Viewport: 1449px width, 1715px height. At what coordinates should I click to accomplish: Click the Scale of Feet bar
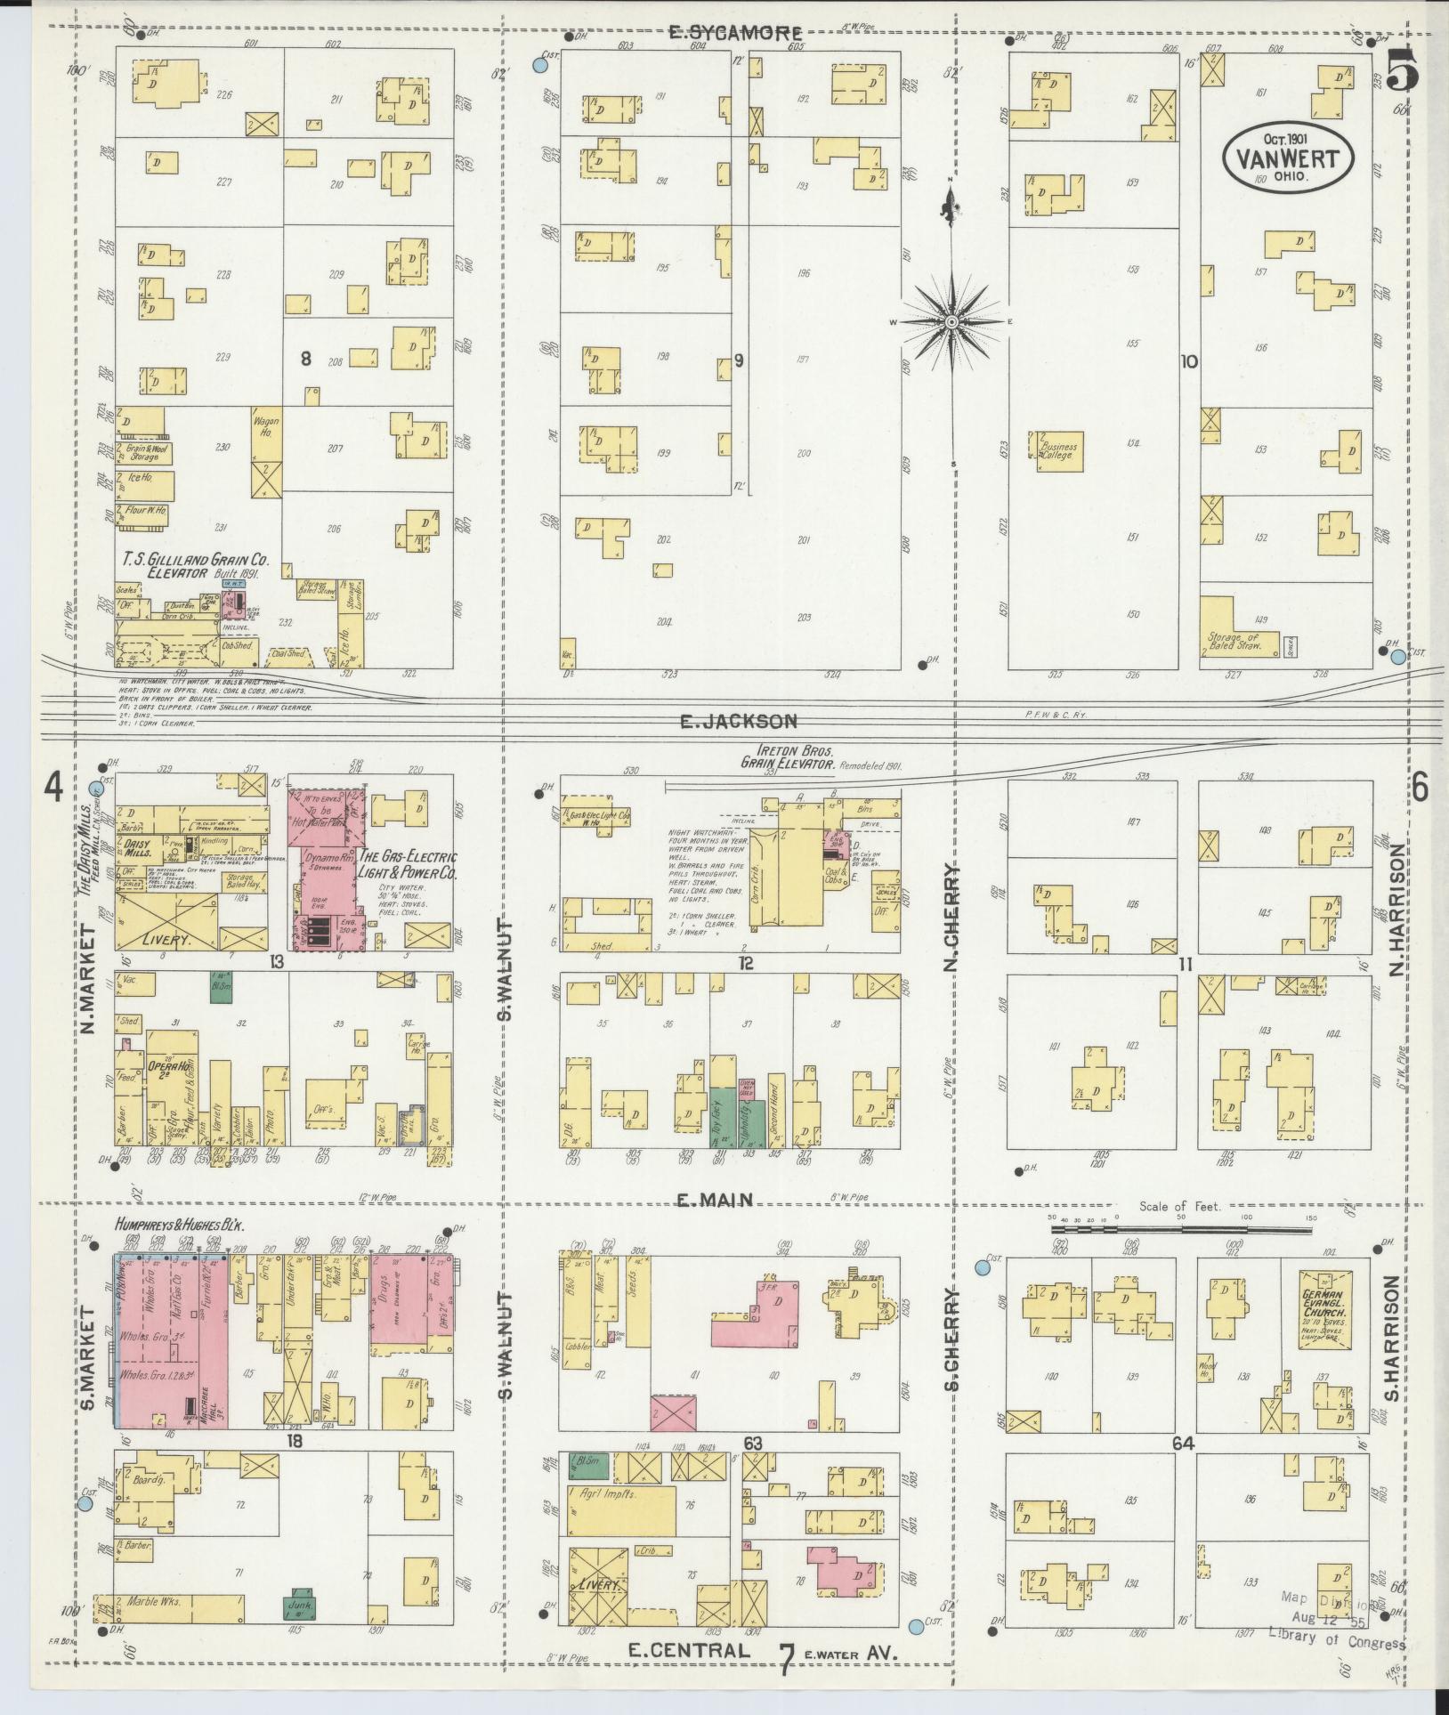pyautogui.click(x=1179, y=1229)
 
